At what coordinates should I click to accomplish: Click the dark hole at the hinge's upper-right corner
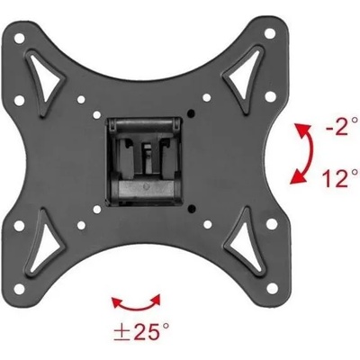click(192, 112)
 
